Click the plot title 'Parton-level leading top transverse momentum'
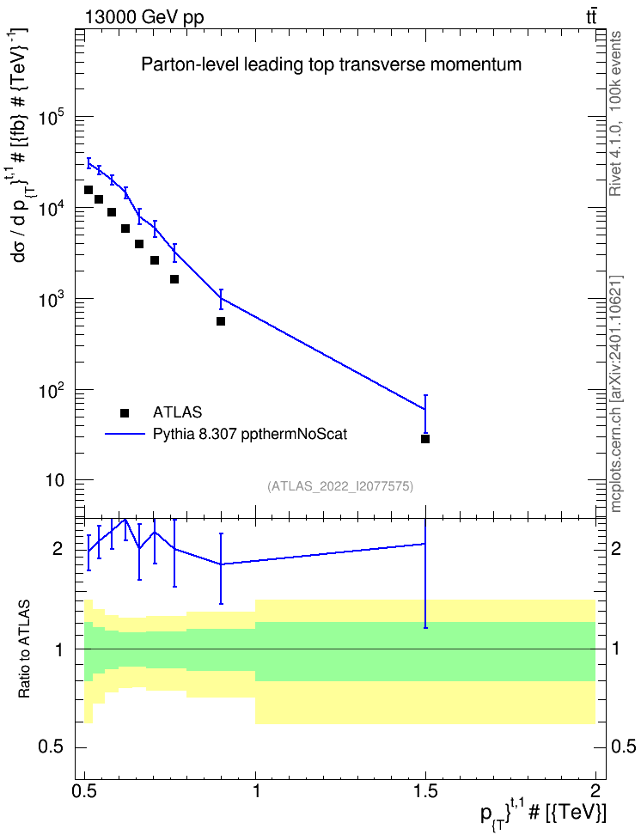click(331, 64)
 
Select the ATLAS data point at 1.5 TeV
click(425, 439)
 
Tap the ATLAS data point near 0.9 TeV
click(221, 321)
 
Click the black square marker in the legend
click(125, 412)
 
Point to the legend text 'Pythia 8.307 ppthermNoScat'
click(250, 435)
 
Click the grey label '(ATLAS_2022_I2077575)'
click(340, 485)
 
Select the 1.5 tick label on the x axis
click(425, 791)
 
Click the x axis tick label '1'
click(256, 791)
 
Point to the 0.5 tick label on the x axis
click(85, 791)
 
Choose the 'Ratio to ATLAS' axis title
click(24, 649)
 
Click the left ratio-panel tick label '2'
click(58, 548)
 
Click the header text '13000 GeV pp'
click(143, 17)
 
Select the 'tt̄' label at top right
click(591, 17)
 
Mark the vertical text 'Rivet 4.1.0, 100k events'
click(615, 113)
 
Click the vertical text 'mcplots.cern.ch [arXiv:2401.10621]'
click(615, 393)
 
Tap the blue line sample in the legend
click(125, 434)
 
